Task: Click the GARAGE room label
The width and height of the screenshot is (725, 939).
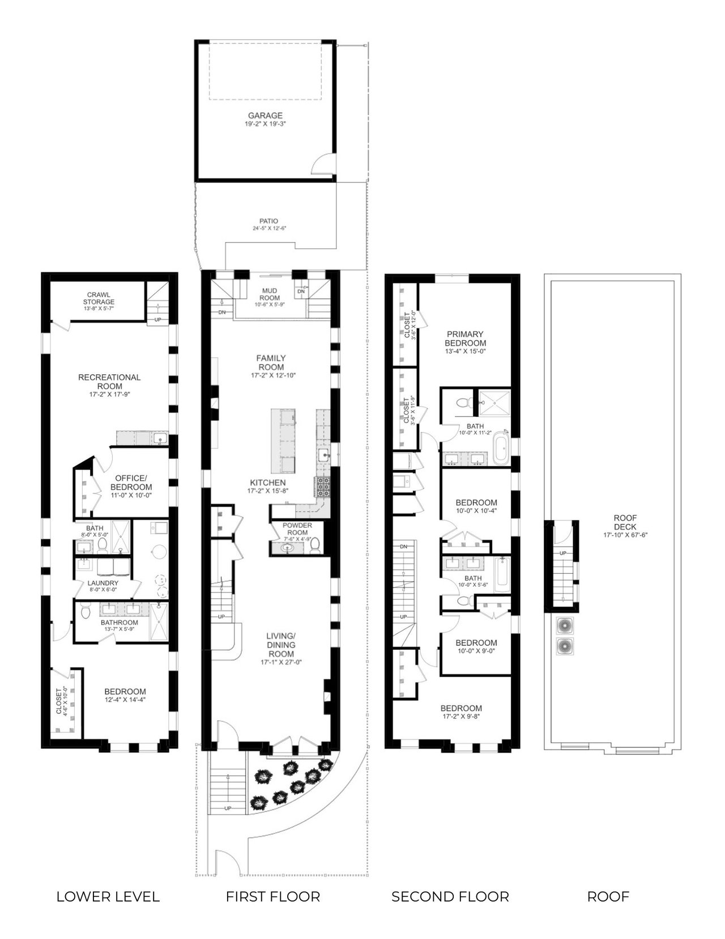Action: [x=265, y=115]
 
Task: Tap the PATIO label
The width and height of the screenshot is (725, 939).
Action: [x=269, y=221]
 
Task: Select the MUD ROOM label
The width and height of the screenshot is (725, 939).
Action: [x=270, y=294]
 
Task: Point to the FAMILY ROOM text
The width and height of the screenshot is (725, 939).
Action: [x=271, y=362]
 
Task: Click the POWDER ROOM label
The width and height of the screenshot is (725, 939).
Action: [x=297, y=529]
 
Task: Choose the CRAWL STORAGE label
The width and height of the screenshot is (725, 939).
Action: [x=99, y=299]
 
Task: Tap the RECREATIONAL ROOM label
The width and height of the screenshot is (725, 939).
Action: [x=109, y=382]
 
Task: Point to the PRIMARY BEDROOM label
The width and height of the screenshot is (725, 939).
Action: [x=465, y=339]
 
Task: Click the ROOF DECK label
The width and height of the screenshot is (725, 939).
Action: [x=625, y=522]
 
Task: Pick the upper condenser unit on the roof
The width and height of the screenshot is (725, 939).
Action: [x=564, y=625]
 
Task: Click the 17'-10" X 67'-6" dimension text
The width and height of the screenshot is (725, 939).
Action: [x=625, y=535]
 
